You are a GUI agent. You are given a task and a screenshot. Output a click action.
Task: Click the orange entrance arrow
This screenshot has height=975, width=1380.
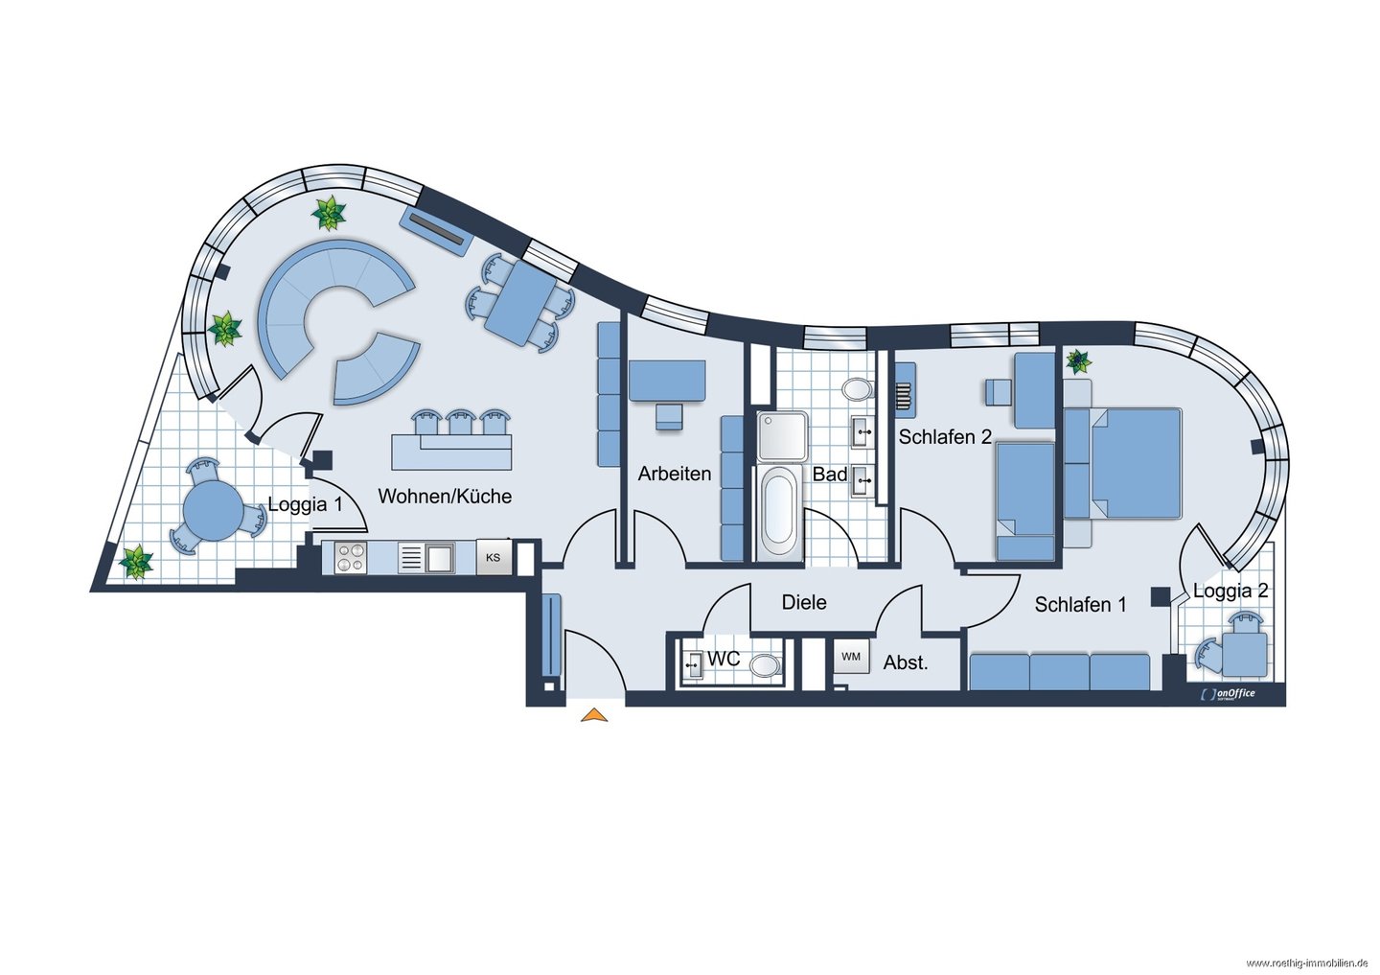pyautogui.click(x=594, y=715)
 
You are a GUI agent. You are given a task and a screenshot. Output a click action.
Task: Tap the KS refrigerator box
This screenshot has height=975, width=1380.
pyautogui.click(x=494, y=558)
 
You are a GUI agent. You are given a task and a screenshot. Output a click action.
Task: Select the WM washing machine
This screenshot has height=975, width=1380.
pyautogui.click(x=851, y=657)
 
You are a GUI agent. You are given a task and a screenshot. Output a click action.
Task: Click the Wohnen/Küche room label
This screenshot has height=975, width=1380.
pyautogui.click(x=445, y=497)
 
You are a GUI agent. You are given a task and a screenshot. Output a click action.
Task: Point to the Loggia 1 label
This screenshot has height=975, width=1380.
pyautogui.click(x=305, y=504)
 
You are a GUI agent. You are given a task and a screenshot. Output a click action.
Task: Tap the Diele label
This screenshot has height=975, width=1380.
pyautogui.click(x=804, y=602)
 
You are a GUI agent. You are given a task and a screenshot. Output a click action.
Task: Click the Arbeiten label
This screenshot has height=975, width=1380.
pyautogui.click(x=675, y=474)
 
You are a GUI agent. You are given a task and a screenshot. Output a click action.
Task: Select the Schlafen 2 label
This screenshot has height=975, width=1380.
pyautogui.click(x=945, y=436)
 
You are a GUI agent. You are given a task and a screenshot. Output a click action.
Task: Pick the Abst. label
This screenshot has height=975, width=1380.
pyautogui.click(x=906, y=662)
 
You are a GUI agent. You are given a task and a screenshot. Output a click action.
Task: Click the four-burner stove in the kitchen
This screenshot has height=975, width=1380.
pyautogui.click(x=351, y=558)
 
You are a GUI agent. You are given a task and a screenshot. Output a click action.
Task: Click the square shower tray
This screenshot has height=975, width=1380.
pyautogui.click(x=782, y=436)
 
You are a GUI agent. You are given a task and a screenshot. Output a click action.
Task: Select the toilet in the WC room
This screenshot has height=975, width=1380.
pyautogui.click(x=765, y=665)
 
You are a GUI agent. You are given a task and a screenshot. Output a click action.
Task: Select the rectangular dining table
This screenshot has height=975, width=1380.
pyautogui.click(x=520, y=303)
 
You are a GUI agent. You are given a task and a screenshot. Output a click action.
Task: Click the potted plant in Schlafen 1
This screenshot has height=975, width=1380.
pyautogui.click(x=1078, y=361)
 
